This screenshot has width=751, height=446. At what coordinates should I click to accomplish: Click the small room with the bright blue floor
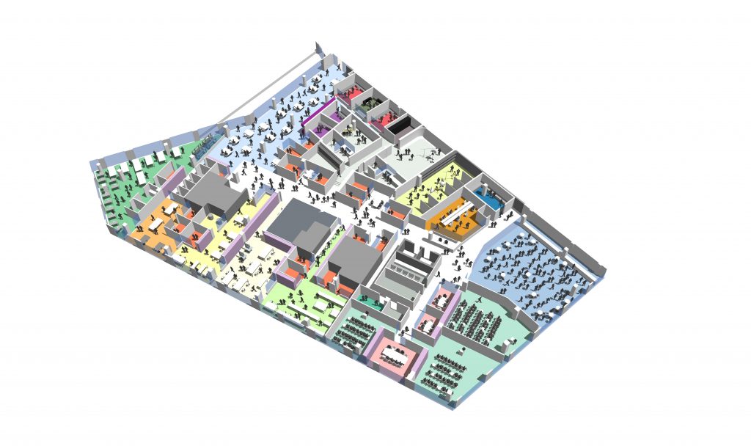pyautogui.click(x=485, y=194)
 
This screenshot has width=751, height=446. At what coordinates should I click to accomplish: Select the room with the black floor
pyautogui.click(x=400, y=126)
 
